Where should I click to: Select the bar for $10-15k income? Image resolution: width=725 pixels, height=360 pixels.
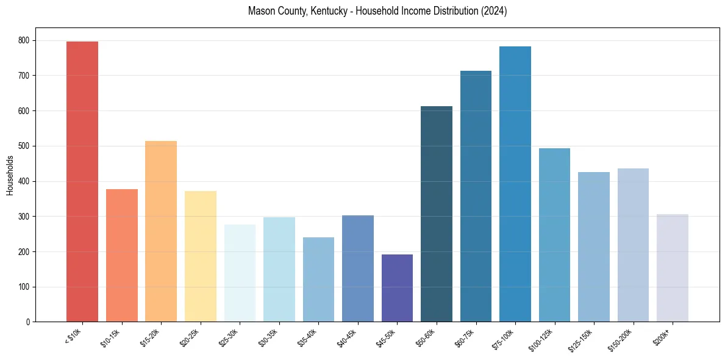122,256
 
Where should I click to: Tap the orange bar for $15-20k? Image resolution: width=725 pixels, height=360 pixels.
161,232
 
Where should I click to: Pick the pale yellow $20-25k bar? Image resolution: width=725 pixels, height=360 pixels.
201,256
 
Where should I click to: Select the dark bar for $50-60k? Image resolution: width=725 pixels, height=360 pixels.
437,214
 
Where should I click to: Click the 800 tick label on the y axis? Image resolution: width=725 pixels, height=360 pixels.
25,40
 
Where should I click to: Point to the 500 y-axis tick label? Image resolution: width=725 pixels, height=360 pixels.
25,146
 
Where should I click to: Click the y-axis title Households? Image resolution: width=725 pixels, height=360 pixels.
10,175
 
